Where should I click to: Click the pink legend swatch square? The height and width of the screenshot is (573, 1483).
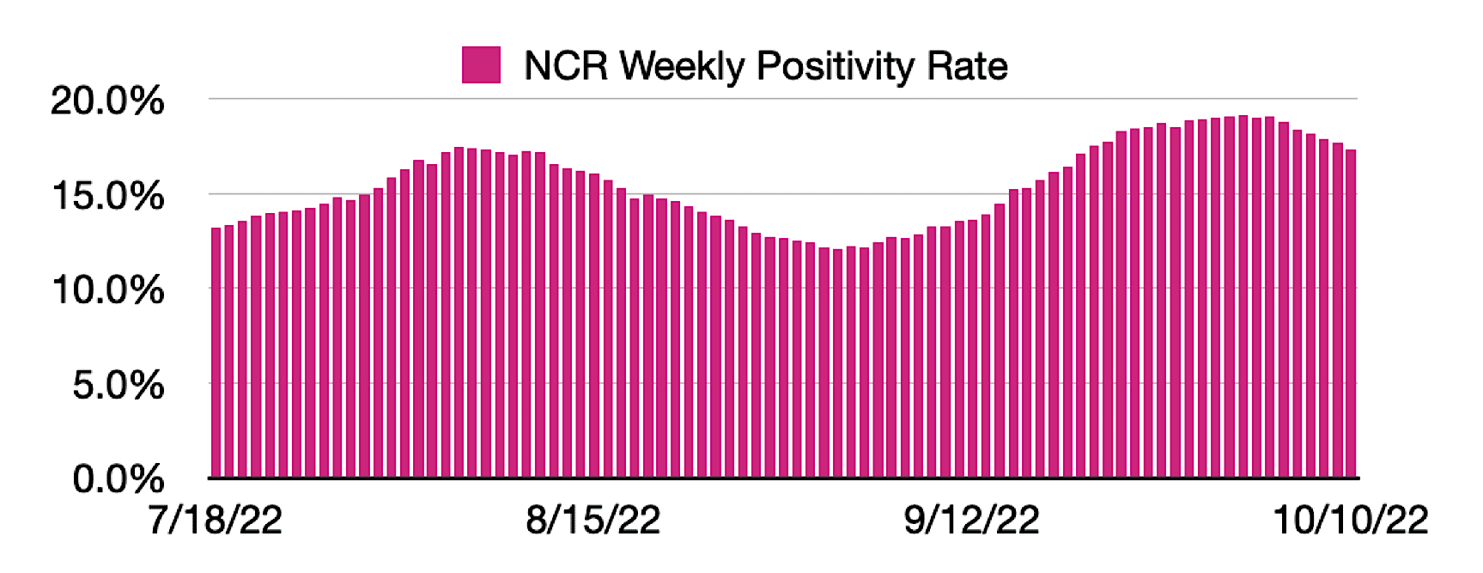coord(481,65)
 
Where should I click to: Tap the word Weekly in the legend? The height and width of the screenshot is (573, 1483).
coord(682,67)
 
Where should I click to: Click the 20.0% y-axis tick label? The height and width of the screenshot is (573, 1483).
coord(106,101)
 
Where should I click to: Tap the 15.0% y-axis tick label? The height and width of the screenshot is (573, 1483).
coord(106,196)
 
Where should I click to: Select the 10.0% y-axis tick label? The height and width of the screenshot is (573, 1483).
coord(106,290)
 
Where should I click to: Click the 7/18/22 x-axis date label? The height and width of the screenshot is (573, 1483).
coord(215,521)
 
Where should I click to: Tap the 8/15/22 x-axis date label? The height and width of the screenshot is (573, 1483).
coord(593,521)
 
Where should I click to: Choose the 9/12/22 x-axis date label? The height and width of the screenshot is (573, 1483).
coord(971,521)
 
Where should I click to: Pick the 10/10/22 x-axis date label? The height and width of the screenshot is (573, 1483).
coord(1350,521)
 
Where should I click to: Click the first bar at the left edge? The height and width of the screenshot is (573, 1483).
coord(216,352)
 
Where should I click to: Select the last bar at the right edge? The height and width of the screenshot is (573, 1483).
coord(1351,314)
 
